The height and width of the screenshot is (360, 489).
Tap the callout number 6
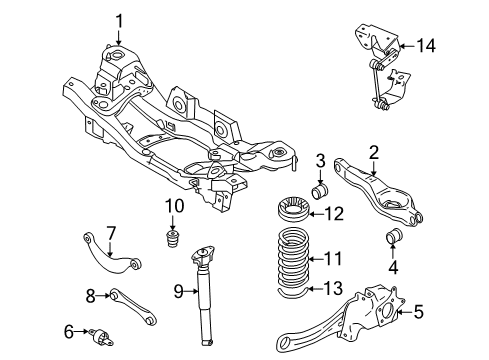112,233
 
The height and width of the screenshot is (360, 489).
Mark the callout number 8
177,292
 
